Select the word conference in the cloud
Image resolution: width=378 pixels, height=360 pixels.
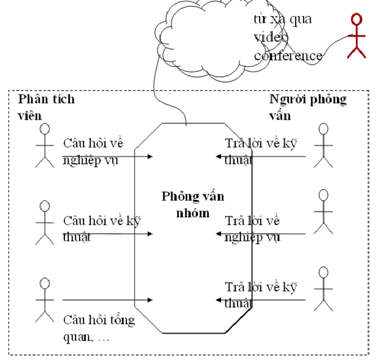tap(287, 56)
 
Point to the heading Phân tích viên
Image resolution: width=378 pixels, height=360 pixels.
tap(47, 107)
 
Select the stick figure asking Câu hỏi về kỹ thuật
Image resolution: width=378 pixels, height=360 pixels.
tap(44, 222)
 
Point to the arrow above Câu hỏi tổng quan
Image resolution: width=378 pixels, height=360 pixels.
tap(107, 300)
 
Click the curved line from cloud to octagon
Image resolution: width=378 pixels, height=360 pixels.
tap(158, 92)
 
